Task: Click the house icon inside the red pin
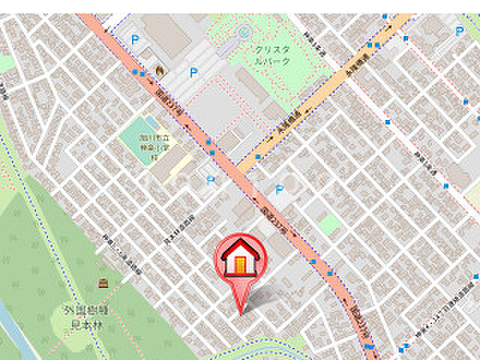(x=240, y=257)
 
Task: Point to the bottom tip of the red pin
(x=240, y=313)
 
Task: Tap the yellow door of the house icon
(x=240, y=264)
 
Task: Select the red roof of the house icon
(x=240, y=248)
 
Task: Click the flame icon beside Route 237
(x=159, y=70)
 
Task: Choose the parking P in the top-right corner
(x=459, y=31)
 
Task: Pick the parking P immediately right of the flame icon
(x=193, y=72)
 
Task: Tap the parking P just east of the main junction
(x=280, y=189)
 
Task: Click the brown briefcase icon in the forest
(x=103, y=283)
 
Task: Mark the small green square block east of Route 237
(x=328, y=223)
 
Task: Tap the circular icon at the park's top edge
(x=244, y=31)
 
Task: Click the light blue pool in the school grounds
(x=151, y=121)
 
